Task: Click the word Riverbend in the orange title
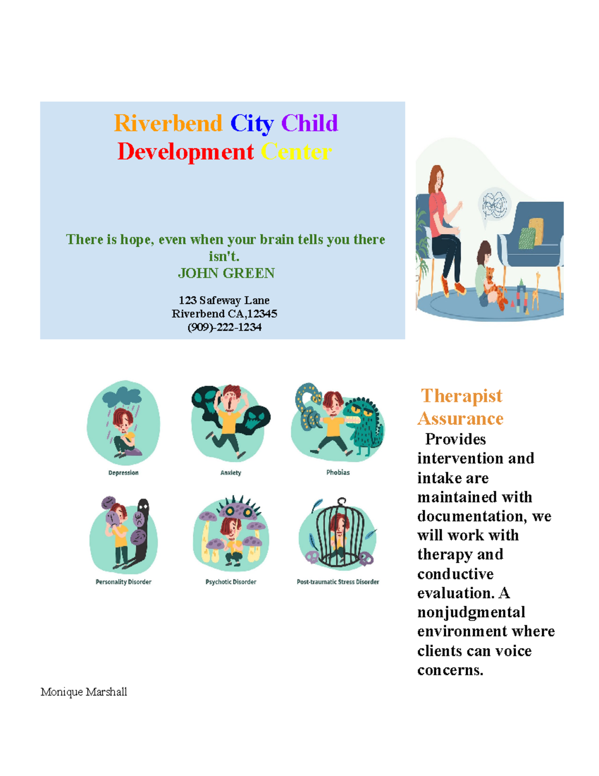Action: coord(168,123)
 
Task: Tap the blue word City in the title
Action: coord(252,123)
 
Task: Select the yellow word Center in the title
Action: coord(296,152)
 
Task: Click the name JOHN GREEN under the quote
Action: coord(226,273)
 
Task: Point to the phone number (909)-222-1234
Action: coord(224,327)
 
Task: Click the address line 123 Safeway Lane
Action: coord(224,300)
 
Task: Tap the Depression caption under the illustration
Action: coord(123,473)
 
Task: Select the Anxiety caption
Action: coord(231,473)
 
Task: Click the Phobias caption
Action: coord(338,472)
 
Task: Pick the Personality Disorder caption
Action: coord(123,582)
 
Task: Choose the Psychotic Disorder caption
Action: coord(231,582)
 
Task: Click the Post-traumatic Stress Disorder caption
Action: coord(338,582)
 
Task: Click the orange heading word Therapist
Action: coord(462,396)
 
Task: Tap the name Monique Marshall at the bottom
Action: coord(84,692)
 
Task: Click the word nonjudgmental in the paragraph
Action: coord(471,612)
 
